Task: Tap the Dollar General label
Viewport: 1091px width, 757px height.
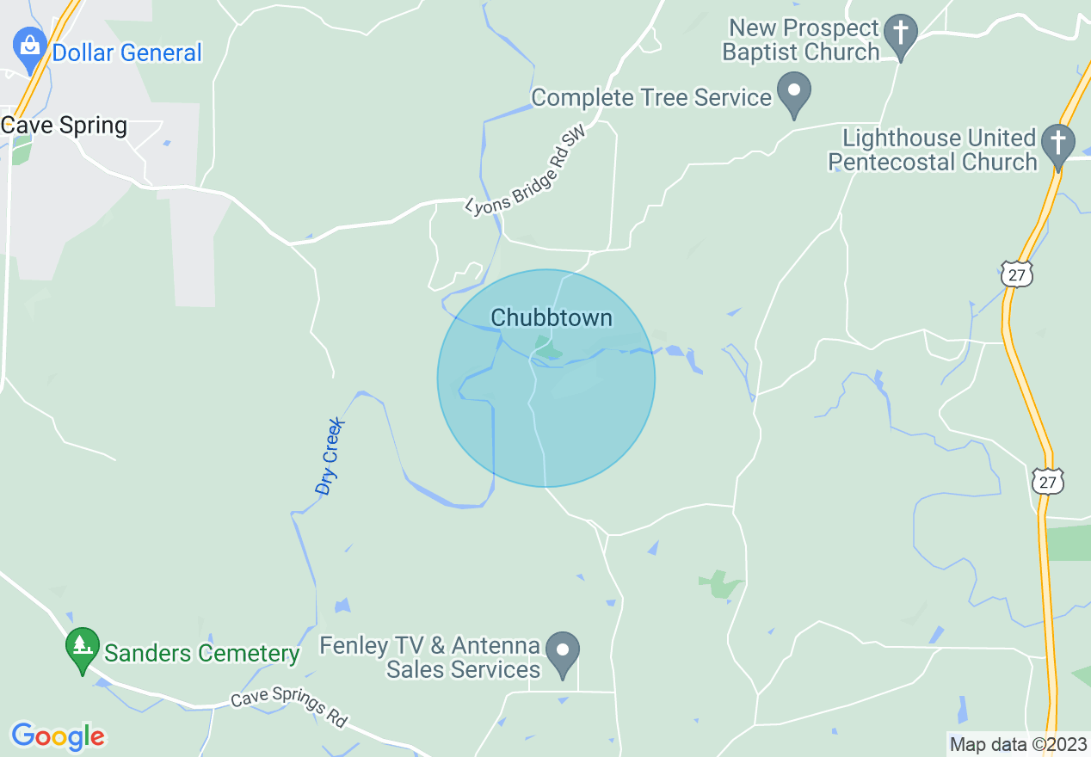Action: pos(126,52)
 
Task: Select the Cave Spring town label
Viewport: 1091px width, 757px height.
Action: pos(65,126)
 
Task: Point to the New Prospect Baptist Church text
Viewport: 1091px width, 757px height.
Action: pos(800,40)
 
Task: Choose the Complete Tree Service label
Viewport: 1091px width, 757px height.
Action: pos(651,97)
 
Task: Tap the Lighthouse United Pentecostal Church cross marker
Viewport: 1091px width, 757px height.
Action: pos(1058,144)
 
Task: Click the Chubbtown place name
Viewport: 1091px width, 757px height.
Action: pos(552,318)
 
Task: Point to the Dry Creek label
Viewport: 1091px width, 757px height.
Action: pos(330,457)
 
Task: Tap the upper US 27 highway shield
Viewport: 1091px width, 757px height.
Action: pos(1017,274)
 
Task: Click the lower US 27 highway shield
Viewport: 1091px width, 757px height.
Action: pos(1047,481)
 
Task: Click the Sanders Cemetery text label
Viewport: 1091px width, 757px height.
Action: pos(201,654)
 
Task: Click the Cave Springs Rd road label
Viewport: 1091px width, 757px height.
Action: pos(288,706)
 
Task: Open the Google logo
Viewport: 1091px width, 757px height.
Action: pos(58,736)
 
